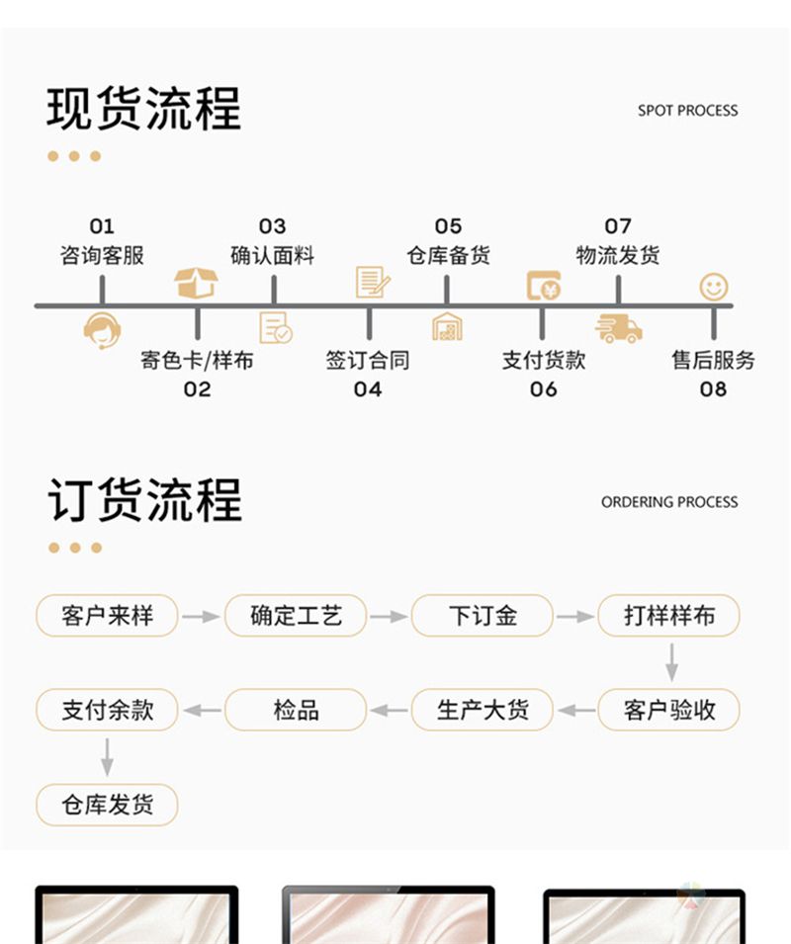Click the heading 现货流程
[x=143, y=109]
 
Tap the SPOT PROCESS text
[x=687, y=111]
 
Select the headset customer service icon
[x=102, y=329]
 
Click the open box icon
[x=196, y=283]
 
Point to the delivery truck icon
[x=618, y=327]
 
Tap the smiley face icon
[x=713, y=287]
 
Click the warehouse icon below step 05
[x=447, y=326]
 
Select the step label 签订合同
[x=368, y=360]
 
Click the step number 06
[x=543, y=388]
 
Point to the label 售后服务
[x=713, y=360]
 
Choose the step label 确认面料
[x=273, y=255]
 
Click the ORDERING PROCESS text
[x=669, y=502]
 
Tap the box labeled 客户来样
[x=107, y=616]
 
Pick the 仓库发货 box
[x=107, y=804]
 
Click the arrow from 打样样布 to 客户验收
[x=671, y=661]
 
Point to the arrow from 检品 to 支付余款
[x=202, y=710]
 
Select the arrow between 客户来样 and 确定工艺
[x=201, y=616]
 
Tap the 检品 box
[x=296, y=710]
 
